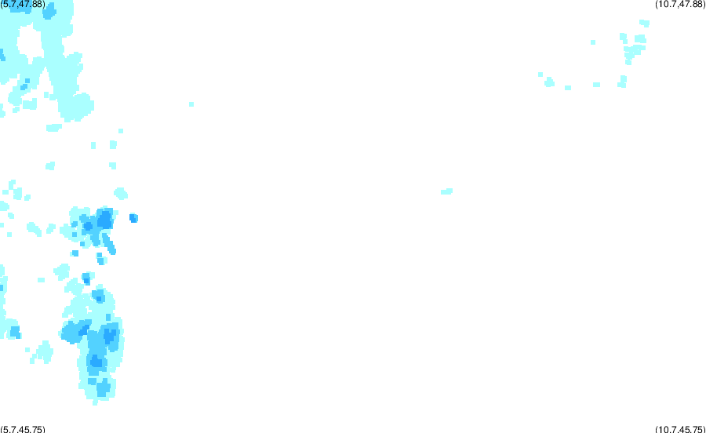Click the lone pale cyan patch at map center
(x=446, y=191)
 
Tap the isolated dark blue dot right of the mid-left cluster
(x=133, y=218)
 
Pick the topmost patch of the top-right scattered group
(x=644, y=23)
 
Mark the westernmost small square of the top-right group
(x=540, y=75)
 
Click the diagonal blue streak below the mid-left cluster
(x=109, y=243)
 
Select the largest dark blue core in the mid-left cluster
(x=105, y=219)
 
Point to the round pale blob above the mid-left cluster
(x=121, y=194)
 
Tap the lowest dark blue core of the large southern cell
(x=96, y=361)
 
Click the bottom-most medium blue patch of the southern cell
(x=104, y=387)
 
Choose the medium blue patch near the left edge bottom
(x=16, y=333)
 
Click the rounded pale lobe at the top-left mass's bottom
(x=77, y=107)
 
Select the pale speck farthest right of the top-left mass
(x=191, y=104)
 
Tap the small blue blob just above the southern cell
(x=86, y=278)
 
